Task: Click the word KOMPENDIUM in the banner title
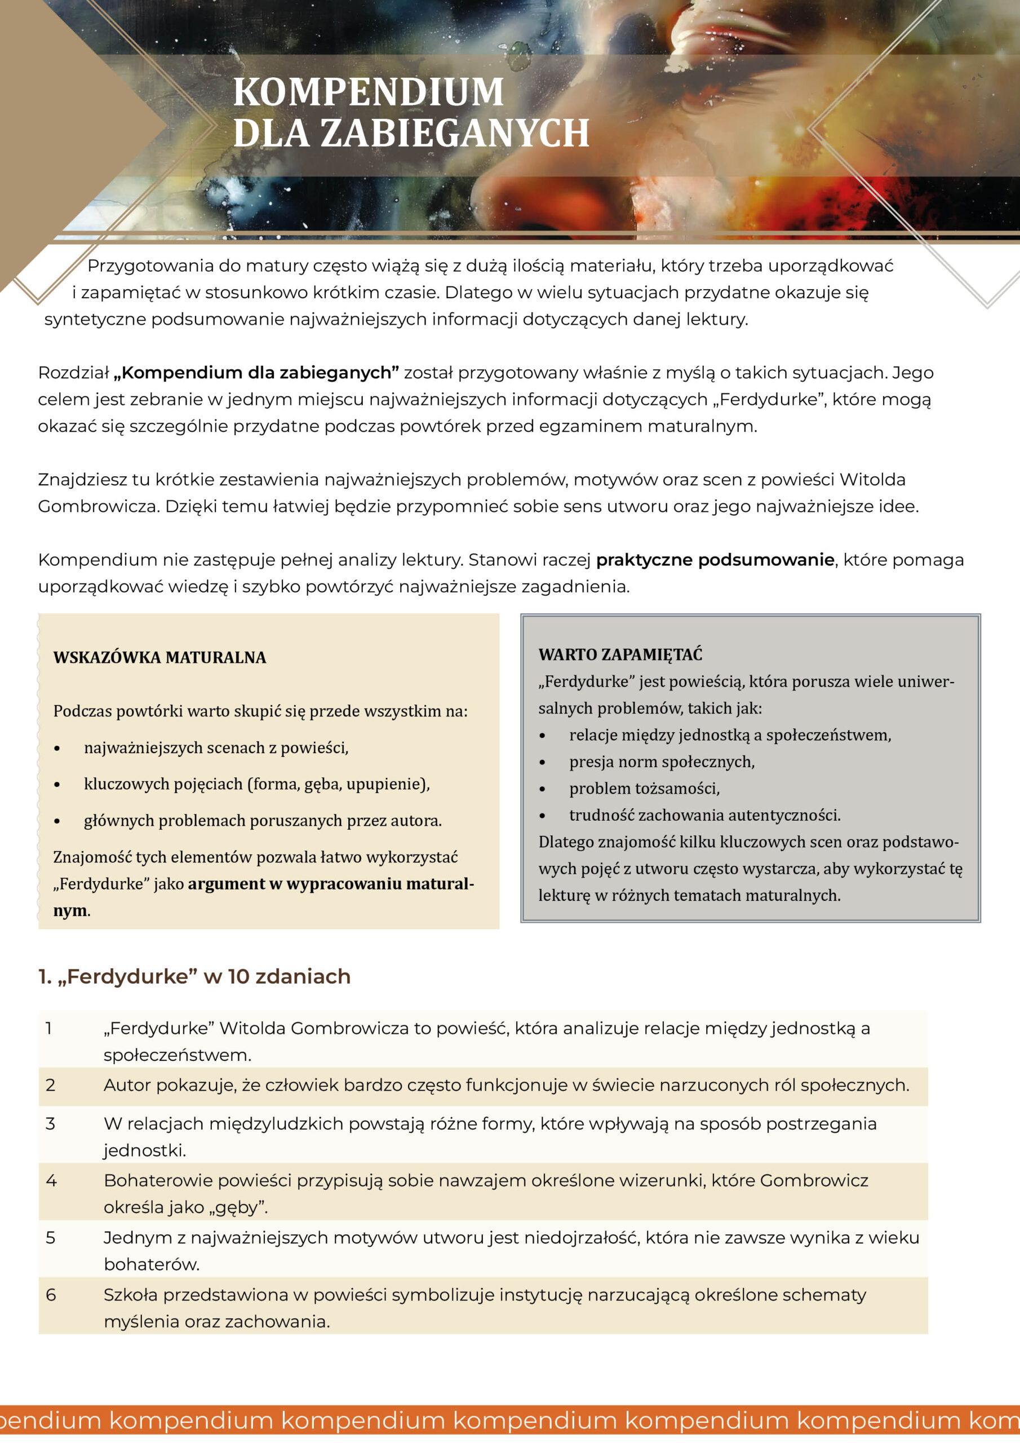pos(369,92)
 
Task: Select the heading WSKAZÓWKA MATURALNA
pos(159,657)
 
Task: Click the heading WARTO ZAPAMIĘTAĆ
pos(620,654)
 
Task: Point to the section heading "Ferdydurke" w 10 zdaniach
pos(194,976)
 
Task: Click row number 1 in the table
pos(49,1028)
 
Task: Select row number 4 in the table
pos(51,1180)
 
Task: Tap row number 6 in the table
pos(51,1295)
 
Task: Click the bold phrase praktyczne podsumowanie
pos(715,559)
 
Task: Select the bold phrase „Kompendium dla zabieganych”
pos(256,373)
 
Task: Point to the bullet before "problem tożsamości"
pos(543,789)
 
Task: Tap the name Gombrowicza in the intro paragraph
pos(97,506)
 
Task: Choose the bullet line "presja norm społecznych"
pos(661,762)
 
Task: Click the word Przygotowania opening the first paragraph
pos(150,266)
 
